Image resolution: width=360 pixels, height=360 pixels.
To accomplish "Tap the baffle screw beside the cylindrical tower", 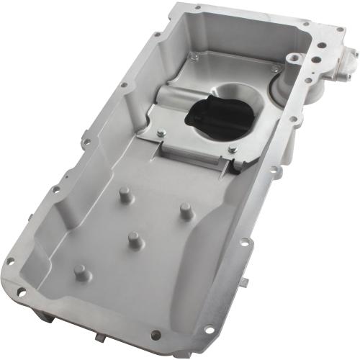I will (x=274, y=69).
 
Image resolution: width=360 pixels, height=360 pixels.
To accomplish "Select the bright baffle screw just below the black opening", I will (x=233, y=149).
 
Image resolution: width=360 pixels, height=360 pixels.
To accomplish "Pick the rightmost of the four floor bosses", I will (x=185, y=211).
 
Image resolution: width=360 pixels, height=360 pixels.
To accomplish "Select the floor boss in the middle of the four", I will (x=134, y=239).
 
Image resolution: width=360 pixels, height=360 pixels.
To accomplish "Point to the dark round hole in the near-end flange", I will (x=155, y=333).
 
